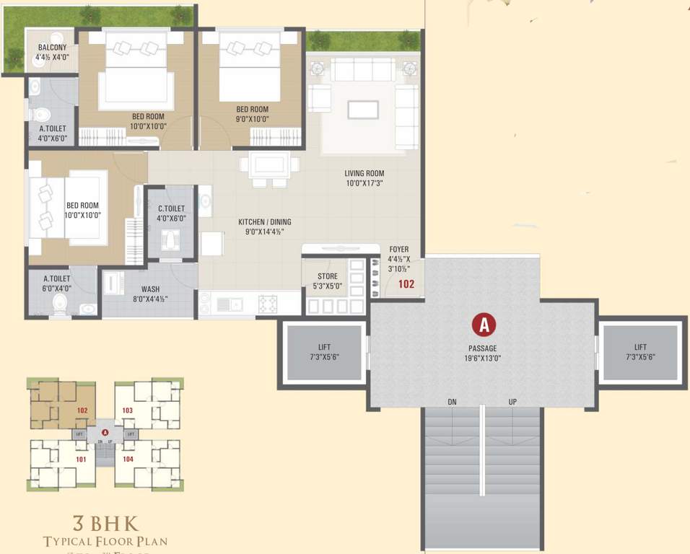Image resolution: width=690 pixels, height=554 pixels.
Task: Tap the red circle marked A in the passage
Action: tap(484, 325)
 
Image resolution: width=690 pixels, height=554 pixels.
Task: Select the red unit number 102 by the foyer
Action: tap(406, 284)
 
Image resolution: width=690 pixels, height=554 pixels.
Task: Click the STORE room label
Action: tap(327, 276)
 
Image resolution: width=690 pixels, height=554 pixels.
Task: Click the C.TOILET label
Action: tap(172, 209)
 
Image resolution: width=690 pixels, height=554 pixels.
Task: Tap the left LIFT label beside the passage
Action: tap(324, 347)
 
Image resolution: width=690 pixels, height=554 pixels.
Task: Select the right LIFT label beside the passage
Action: tap(639, 347)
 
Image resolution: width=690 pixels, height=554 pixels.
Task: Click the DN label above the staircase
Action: tap(452, 402)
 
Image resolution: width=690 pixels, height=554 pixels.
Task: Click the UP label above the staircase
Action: tap(512, 402)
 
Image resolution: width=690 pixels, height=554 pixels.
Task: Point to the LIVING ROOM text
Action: tap(364, 173)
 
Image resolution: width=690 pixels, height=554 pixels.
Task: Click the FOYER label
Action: tap(398, 250)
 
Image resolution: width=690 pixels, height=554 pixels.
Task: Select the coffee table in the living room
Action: tap(363, 109)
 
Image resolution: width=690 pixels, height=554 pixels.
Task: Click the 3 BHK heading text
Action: tap(105, 522)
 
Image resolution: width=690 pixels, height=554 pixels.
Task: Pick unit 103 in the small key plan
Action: tap(128, 410)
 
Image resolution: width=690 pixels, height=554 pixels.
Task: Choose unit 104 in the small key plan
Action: tap(128, 459)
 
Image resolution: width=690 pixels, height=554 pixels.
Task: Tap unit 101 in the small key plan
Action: tap(81, 459)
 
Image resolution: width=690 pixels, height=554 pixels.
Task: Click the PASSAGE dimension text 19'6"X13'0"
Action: tap(484, 356)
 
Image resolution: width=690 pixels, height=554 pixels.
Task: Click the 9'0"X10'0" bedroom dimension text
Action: tap(252, 120)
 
